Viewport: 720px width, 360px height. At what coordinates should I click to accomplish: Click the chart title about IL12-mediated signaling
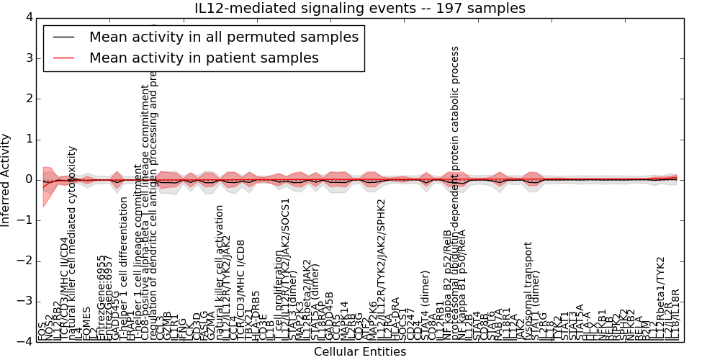[359, 8]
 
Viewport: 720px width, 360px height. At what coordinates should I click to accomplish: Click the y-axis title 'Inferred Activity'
[6, 179]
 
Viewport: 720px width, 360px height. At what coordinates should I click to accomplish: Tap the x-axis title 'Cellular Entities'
[359, 352]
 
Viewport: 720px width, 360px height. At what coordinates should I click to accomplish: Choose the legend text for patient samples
[204, 58]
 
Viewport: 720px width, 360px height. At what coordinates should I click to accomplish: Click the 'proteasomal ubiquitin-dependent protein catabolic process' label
[455, 194]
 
